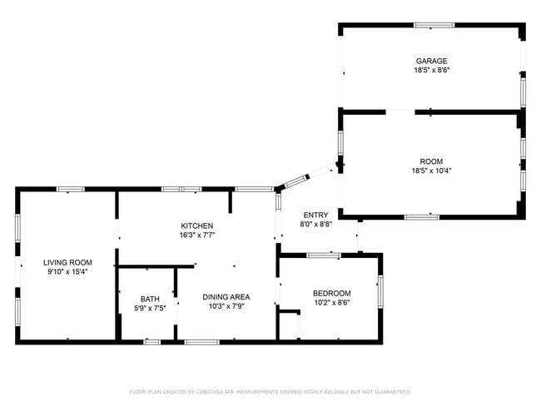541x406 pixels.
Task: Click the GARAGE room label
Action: (431, 61)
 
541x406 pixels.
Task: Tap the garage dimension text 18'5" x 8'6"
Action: (431, 71)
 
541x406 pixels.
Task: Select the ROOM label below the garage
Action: (431, 161)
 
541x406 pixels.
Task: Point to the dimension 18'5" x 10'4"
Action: (431, 171)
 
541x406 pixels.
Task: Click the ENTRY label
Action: (315, 215)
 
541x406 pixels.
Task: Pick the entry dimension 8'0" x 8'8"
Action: (315, 225)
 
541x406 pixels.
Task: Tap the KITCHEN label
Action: (197, 225)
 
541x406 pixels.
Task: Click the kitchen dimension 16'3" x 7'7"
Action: (197, 235)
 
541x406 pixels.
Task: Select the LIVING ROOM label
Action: (67, 262)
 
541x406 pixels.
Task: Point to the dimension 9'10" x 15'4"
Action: (67, 272)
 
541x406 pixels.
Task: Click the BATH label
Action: (150, 299)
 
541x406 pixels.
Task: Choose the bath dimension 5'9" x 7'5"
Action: (150, 309)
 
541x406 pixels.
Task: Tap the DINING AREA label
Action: (226, 297)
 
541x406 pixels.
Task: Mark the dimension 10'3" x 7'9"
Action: (226, 307)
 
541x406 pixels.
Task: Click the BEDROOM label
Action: (331, 293)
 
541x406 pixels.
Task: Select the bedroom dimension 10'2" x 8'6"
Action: (331, 303)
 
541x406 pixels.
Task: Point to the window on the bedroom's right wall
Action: (380, 290)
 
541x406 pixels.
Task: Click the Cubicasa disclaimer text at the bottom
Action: (270, 391)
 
